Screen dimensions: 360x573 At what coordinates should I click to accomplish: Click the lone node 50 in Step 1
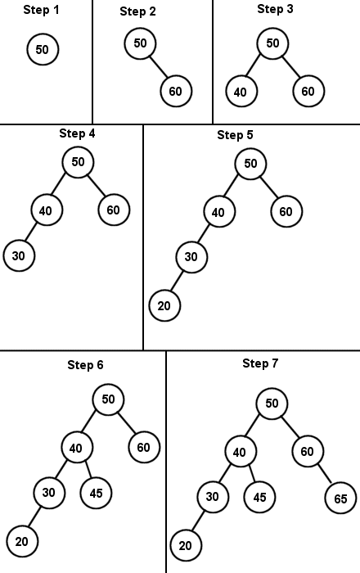pos(43,49)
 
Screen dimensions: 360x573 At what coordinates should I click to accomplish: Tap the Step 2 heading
pos(138,11)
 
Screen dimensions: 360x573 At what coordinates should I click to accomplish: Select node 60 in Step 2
pos(176,91)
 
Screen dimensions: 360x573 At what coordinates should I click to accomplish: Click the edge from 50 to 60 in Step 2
pos(159,67)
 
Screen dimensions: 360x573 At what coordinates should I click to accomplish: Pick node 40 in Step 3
pos(241,92)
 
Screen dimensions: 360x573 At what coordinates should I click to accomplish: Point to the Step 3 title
pos(275,9)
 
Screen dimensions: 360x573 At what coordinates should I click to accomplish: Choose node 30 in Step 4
pos(19,255)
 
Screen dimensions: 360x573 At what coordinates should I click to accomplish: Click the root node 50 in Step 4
pos(78,162)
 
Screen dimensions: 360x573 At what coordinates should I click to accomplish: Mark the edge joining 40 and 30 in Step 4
pos(32,232)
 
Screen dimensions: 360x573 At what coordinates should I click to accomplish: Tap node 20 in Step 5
pos(164,305)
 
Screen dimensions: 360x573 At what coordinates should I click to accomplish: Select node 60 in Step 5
pos(286,211)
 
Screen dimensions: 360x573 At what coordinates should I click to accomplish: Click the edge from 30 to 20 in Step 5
pos(177,282)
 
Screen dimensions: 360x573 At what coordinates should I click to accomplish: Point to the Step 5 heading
pos(235,135)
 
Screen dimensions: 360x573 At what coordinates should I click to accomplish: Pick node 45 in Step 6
pos(96,493)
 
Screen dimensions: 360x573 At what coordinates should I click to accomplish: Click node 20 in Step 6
pos(22,541)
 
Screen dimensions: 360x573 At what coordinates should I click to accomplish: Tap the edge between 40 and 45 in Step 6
pos(88,470)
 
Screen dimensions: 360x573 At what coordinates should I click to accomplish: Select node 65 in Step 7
pos(340,498)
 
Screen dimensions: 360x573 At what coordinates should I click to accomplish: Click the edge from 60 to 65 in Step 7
pos(324,474)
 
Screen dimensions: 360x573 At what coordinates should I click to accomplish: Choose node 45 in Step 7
pos(259,497)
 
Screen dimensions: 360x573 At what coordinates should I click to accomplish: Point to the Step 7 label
pos(260,363)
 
